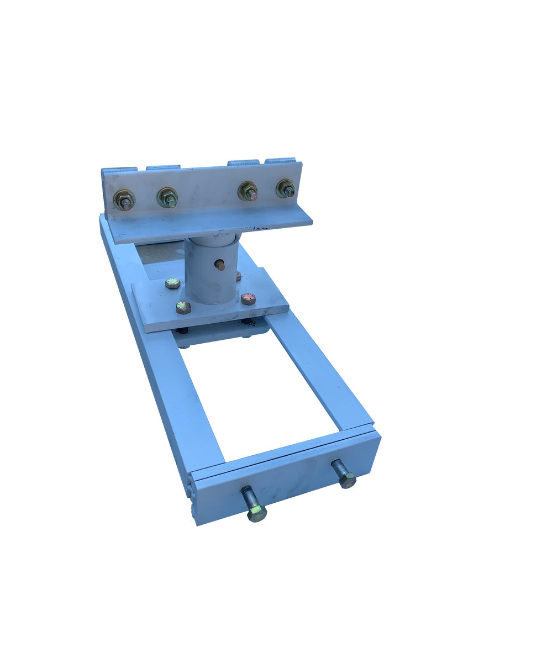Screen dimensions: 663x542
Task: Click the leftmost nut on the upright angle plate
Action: click(x=124, y=199)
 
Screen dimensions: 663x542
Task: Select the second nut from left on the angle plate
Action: click(x=167, y=197)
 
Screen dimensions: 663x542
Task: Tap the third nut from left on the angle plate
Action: click(x=248, y=191)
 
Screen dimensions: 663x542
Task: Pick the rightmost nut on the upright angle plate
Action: click(x=286, y=188)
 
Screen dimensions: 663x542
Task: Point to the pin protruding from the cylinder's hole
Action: click(x=221, y=266)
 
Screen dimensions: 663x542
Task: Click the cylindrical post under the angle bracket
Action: click(x=210, y=271)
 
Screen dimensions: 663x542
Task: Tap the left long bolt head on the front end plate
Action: click(x=257, y=513)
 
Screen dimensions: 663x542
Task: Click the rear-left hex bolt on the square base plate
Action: click(x=172, y=283)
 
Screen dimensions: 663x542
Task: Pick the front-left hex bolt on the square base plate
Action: click(x=183, y=307)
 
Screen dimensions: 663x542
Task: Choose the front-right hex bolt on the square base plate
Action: click(x=248, y=299)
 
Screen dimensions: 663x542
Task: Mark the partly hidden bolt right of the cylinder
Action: click(x=238, y=275)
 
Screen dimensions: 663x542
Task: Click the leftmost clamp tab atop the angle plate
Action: click(x=119, y=169)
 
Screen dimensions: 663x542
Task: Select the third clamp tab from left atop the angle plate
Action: click(x=244, y=163)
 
